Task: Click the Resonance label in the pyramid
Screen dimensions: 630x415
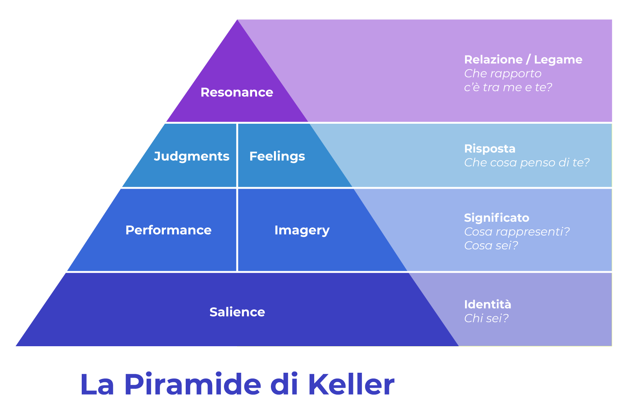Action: [237, 92]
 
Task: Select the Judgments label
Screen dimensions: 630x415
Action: [191, 156]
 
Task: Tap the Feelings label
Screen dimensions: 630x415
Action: [277, 156]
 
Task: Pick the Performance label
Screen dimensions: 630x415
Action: [168, 230]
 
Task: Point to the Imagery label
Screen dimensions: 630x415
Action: [302, 231]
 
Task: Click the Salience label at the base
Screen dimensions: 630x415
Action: [237, 312]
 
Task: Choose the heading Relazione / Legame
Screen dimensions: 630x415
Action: [523, 60]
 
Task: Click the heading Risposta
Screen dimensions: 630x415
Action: [490, 149]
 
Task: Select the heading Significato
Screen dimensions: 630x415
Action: [497, 218]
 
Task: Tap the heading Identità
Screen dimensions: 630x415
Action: [487, 304]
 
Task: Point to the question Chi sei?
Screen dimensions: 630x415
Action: [486, 319]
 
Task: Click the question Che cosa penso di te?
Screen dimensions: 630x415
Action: [527, 163]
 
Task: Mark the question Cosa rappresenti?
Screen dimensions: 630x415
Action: [517, 232]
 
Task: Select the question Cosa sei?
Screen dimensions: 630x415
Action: [491, 246]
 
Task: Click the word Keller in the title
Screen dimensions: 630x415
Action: [351, 385]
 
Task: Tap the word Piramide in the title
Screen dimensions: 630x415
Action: [193, 385]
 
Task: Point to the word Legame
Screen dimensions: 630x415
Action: [558, 60]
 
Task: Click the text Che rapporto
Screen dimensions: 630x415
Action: [503, 74]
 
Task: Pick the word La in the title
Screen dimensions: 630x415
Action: [97, 385]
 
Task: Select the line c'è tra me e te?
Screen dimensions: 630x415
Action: [508, 87]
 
